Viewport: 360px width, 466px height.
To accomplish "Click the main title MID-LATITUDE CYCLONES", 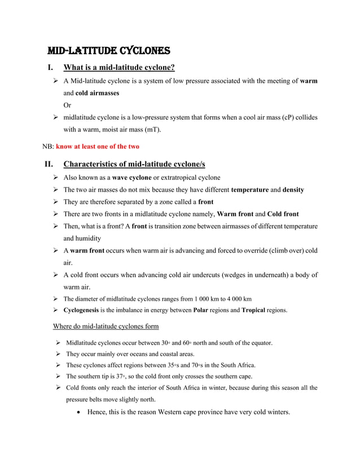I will [108, 50].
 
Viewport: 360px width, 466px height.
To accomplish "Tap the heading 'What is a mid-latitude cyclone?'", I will [119, 68].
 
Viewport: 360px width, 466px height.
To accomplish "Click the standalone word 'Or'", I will [67, 105].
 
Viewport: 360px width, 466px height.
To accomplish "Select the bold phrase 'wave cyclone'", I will [133, 177].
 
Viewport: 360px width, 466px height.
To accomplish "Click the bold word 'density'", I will [293, 190].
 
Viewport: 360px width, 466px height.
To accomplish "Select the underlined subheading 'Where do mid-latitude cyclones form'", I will [106, 326].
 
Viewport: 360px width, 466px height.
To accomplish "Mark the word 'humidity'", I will [82, 238].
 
